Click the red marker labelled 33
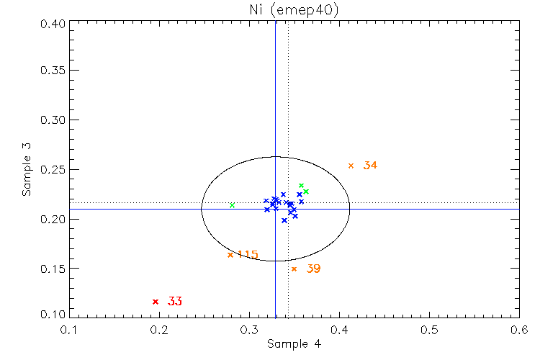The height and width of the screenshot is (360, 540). [156, 302]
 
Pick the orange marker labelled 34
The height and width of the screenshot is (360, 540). [351, 166]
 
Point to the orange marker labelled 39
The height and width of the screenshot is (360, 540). [294, 269]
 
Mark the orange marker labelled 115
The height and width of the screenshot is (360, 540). [230, 255]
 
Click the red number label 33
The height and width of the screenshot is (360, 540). [175, 302]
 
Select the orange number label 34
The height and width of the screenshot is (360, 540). [370, 166]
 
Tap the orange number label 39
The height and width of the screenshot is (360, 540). [313, 269]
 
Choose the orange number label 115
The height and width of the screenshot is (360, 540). [248, 255]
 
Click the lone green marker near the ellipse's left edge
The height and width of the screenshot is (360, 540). [232, 205]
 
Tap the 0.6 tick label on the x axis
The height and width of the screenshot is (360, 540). [519, 330]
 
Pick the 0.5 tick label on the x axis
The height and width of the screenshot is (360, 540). [430, 330]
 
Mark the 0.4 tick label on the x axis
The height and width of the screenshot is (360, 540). [340, 330]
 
